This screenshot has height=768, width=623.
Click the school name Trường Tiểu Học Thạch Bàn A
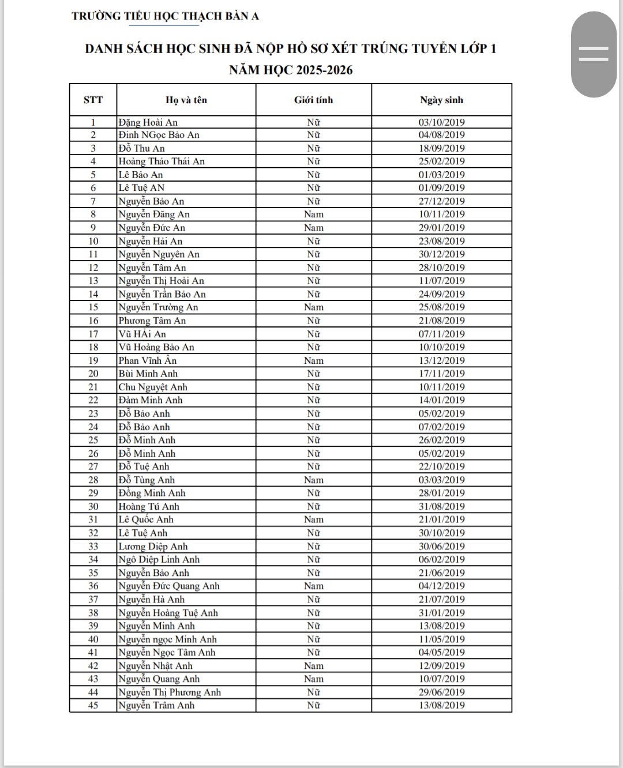[165, 16]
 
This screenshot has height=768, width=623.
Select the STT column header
[93, 100]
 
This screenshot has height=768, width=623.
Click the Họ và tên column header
[186, 100]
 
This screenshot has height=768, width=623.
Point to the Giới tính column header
[313, 100]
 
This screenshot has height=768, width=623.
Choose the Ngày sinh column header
[441, 100]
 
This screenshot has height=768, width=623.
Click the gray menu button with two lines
[594, 54]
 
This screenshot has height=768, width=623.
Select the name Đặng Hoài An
[148, 122]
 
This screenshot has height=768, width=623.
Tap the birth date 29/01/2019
[441, 228]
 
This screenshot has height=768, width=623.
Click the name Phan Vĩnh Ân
[148, 360]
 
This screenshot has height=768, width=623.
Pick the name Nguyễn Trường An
[158, 307]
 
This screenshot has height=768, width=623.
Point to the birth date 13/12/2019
[441, 360]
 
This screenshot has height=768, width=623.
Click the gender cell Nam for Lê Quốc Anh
[313, 519]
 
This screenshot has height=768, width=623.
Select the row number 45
[93, 705]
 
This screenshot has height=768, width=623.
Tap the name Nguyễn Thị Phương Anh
[170, 692]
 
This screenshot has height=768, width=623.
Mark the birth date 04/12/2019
[441, 586]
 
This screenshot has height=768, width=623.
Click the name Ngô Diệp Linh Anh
[159, 559]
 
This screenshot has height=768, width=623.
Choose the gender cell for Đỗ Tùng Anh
[313, 480]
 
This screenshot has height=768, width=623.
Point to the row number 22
[93, 400]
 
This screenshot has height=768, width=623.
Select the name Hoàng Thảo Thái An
[162, 161]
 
